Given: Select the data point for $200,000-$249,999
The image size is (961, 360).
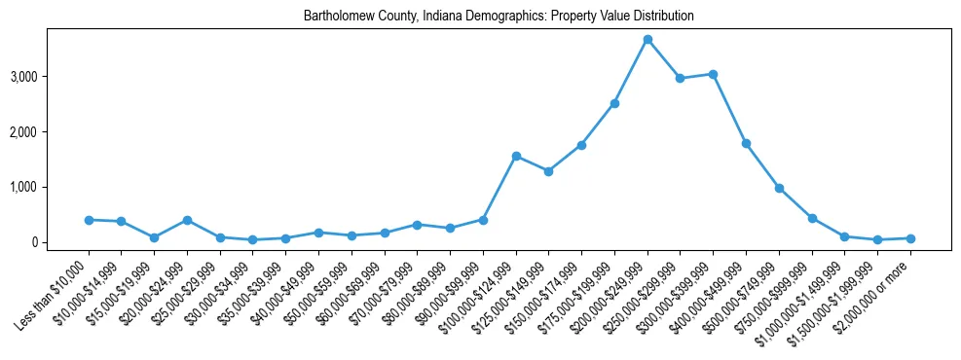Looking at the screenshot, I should [x=647, y=39].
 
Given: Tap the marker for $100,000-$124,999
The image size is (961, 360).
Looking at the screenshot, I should [x=516, y=156].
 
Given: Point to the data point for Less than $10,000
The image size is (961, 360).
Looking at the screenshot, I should [x=89, y=220].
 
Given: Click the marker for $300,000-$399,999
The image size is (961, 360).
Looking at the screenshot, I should [x=713, y=74].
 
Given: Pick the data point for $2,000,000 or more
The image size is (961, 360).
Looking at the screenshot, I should [x=910, y=238].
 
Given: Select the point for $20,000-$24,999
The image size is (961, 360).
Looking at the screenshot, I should [x=187, y=220].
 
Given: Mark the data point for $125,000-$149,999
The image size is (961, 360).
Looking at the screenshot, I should [x=549, y=171].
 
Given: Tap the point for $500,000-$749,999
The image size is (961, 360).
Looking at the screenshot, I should [x=779, y=188].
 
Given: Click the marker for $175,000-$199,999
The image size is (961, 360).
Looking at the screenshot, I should [x=614, y=103].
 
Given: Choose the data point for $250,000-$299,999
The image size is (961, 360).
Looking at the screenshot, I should [x=681, y=78].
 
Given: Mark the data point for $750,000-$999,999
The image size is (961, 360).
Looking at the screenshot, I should [x=812, y=218].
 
